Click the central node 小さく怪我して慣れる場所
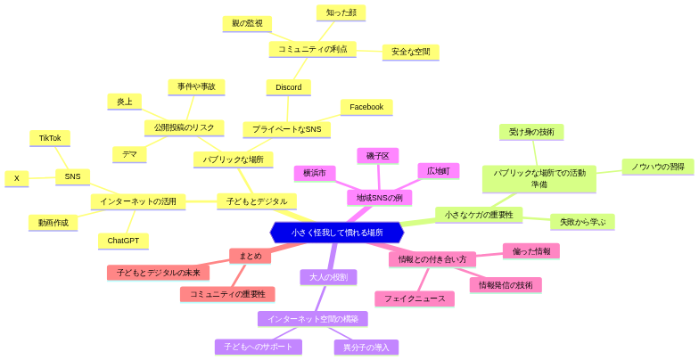(x=337, y=233)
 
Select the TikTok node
(x=50, y=138)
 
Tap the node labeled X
(x=16, y=178)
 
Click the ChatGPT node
(x=123, y=241)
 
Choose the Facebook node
(x=366, y=107)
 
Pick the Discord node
(x=288, y=87)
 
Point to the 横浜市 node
(x=315, y=173)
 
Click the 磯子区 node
(x=378, y=156)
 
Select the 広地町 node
(x=438, y=170)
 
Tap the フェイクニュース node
(x=415, y=299)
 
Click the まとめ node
(x=251, y=256)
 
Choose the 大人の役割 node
(x=328, y=277)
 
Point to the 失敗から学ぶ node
(x=582, y=222)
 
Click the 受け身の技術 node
(x=531, y=132)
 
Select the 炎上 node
(x=124, y=102)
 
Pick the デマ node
(x=129, y=154)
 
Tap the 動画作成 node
(x=53, y=222)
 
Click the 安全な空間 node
(x=410, y=52)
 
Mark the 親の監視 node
(x=247, y=23)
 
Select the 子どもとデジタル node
(x=257, y=201)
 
